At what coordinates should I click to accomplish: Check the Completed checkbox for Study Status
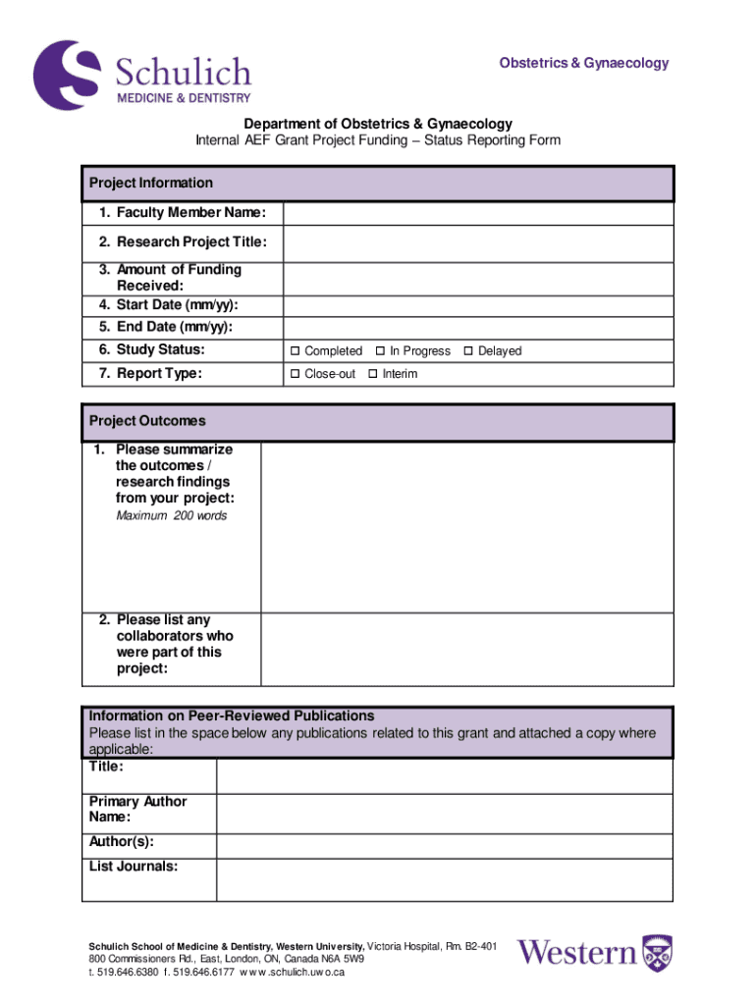pos(294,351)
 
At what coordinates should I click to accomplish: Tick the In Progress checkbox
pos(379,351)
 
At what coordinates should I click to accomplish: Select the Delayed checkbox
pos(467,351)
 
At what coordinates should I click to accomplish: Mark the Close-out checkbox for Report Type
pos(294,374)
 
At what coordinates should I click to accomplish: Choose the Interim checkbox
pos(372,374)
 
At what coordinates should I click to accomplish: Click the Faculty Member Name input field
pos(478,214)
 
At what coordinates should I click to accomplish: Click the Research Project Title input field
pos(478,243)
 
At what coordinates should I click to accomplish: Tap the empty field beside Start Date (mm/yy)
pos(478,306)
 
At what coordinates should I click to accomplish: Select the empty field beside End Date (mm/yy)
pos(478,328)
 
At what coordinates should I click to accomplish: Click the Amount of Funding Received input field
pos(478,278)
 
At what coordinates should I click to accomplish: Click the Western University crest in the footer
pos(658,953)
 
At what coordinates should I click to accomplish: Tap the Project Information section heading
pos(151,184)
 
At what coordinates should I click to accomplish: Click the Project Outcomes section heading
pos(147,422)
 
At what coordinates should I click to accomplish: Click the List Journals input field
pos(444,880)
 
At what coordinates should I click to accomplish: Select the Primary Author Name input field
pos(444,814)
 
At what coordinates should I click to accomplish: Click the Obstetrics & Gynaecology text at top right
pos(583,64)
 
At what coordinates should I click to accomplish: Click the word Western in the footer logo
pos(577,953)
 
